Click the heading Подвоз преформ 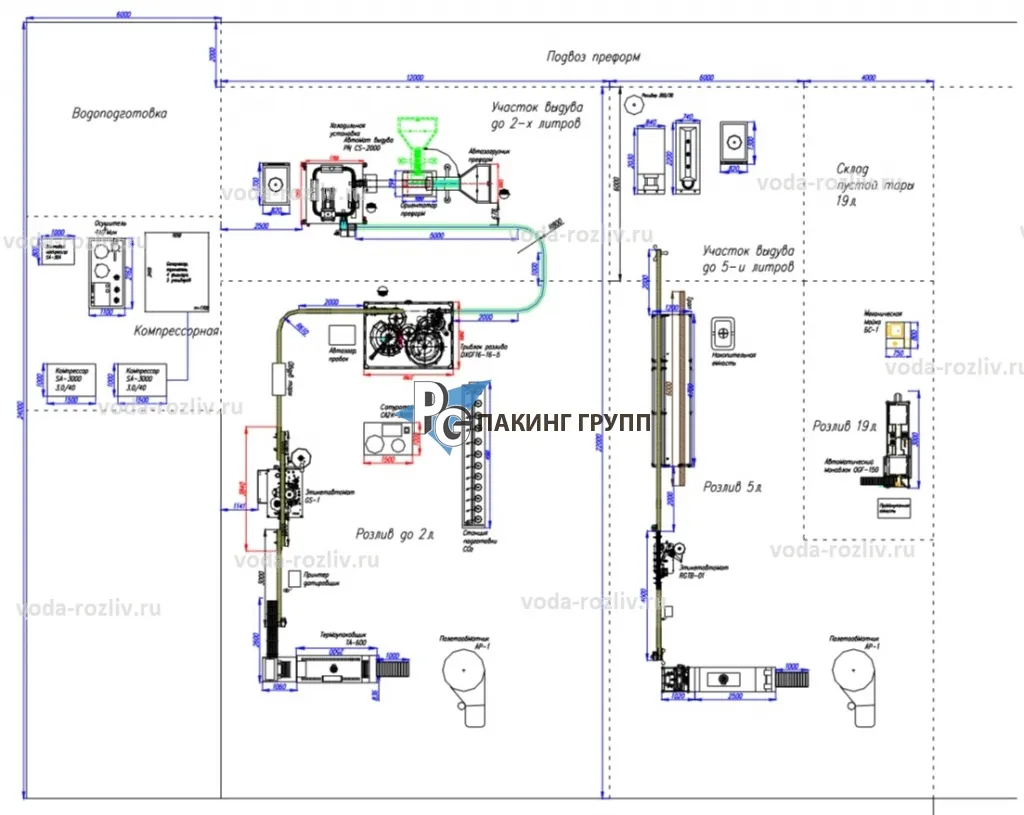[x=593, y=57]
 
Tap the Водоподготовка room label [x=119, y=114]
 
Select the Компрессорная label [x=176, y=330]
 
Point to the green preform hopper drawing [x=414, y=141]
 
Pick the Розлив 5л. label [x=732, y=488]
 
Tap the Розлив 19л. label [x=846, y=426]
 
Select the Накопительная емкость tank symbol [x=723, y=331]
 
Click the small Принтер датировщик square [x=295, y=579]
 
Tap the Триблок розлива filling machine [x=409, y=338]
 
